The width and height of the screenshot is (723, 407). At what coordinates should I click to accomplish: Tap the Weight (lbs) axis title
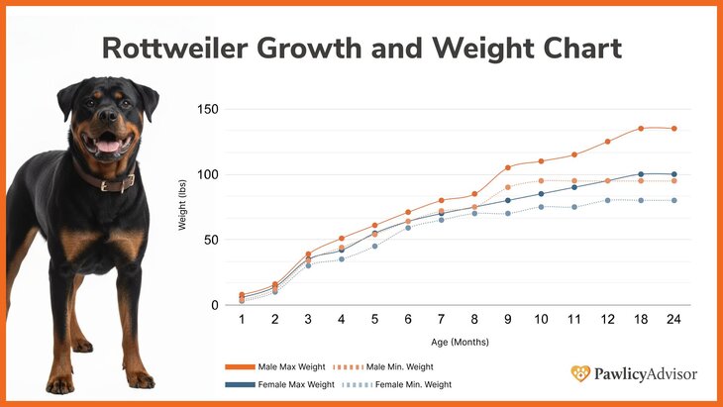pyautogui.click(x=182, y=208)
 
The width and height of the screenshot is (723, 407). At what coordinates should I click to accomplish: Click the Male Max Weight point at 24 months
pyautogui.click(x=674, y=129)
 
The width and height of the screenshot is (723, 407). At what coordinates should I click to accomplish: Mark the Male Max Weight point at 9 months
pyautogui.click(x=507, y=167)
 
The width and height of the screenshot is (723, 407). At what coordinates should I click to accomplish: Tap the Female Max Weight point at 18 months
pyautogui.click(x=641, y=174)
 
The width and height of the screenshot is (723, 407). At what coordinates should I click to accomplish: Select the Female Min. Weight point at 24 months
pyautogui.click(x=674, y=200)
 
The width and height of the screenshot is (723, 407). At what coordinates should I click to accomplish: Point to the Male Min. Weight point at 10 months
pyautogui.click(x=541, y=180)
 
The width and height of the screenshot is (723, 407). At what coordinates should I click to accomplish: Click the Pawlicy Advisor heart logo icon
pyautogui.click(x=580, y=373)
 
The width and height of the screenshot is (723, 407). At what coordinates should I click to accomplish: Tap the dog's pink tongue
pyautogui.click(x=108, y=146)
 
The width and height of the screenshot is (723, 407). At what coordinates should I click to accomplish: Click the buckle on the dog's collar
pyautogui.click(x=128, y=183)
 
